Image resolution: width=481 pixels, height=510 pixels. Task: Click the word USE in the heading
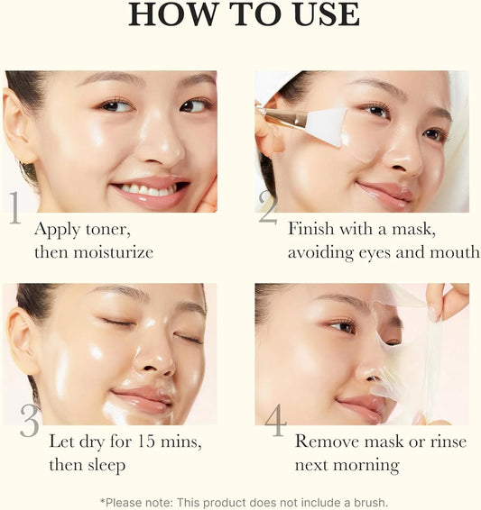click(320, 15)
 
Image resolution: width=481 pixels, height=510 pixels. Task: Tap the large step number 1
click(14, 207)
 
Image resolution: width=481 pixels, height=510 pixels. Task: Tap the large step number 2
click(268, 207)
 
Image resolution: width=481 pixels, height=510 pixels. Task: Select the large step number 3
click(30, 421)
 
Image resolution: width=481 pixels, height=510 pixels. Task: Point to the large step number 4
click(274, 421)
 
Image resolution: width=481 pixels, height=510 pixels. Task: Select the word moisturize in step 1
click(112, 252)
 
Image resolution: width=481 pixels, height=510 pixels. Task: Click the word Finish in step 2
click(312, 229)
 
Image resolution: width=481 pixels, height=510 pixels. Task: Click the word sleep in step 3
click(105, 465)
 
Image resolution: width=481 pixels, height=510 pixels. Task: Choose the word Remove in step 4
click(326, 442)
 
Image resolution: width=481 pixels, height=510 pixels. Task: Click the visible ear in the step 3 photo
click(21, 339)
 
